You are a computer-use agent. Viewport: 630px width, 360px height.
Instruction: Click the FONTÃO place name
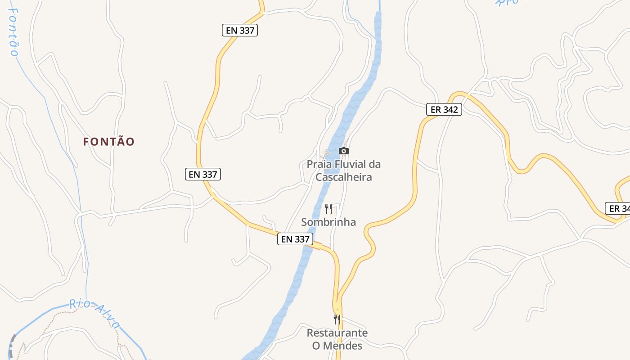(x=109, y=142)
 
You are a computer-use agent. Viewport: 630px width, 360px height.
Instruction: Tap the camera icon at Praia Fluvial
(x=344, y=151)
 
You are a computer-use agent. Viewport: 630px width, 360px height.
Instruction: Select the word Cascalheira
(x=343, y=177)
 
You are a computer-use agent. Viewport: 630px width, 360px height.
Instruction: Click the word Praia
(x=319, y=164)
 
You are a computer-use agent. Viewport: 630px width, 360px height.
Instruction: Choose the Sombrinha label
(x=328, y=222)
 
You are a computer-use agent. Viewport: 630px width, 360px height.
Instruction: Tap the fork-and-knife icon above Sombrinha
(x=328, y=209)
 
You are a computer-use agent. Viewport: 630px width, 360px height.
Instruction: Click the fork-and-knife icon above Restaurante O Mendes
(x=337, y=319)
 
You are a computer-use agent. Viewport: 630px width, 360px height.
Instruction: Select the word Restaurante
(x=337, y=333)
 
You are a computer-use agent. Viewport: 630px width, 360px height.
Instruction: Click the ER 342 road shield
(x=444, y=109)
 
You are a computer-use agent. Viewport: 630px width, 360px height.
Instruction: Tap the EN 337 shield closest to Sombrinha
(x=295, y=239)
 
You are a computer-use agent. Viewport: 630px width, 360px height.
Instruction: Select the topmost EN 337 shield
(x=240, y=31)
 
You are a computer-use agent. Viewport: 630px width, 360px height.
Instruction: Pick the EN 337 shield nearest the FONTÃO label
(x=203, y=174)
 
